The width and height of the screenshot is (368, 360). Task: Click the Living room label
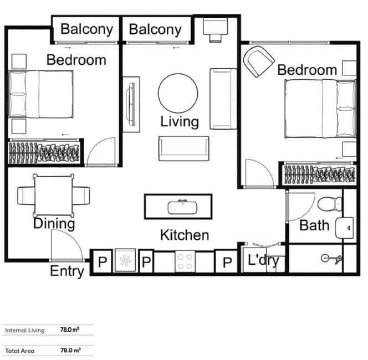point(180,122)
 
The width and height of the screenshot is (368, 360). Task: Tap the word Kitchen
point(185,235)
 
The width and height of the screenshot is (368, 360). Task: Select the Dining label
point(54,224)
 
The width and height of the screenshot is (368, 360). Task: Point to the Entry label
point(67,271)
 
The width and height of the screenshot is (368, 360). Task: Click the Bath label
point(314,225)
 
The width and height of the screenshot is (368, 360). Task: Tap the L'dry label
point(263,260)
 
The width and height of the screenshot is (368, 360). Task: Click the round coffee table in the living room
point(178,93)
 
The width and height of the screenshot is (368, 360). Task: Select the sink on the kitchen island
point(182,207)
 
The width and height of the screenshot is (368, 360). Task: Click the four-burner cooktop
point(185,261)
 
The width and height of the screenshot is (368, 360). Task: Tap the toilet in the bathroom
point(330,204)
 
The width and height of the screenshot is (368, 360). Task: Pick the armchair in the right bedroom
point(258,61)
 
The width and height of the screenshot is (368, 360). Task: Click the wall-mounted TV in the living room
point(131,104)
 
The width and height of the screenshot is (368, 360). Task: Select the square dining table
point(54,195)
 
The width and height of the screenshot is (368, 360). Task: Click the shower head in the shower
point(331,259)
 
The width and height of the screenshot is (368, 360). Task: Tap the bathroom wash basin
point(345,228)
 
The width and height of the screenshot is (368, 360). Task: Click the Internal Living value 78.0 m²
point(70,330)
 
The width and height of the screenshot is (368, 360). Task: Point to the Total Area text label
point(20,351)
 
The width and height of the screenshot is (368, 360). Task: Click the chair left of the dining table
point(26,196)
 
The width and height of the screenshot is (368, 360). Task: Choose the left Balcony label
point(87,29)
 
